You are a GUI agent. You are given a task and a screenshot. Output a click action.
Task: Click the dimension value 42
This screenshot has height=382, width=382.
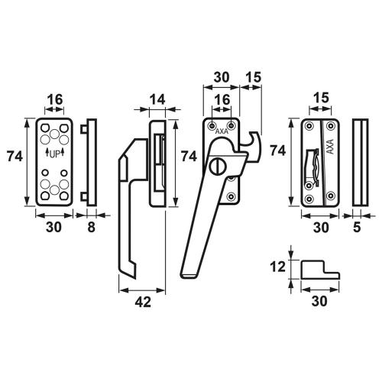pos(143,303)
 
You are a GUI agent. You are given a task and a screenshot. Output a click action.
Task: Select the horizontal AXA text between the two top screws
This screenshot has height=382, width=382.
pos(222,131)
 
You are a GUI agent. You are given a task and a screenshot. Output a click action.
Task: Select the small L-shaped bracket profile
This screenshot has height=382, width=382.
pos(319,270)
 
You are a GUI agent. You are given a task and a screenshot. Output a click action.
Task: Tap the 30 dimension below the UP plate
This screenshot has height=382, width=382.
pos(54,227)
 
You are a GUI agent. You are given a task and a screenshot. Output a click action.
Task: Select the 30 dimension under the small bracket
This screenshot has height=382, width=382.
pos(319,303)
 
